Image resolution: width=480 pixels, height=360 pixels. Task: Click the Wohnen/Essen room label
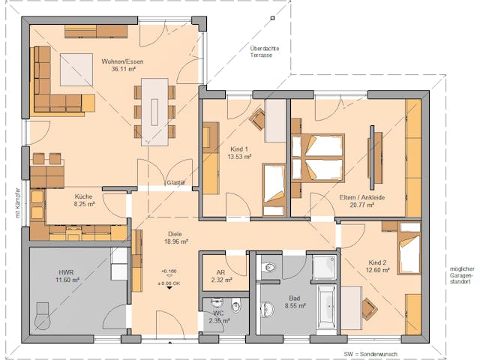tap(123, 61)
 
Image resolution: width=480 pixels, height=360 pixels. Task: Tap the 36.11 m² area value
tap(123, 69)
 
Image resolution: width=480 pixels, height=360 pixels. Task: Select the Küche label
tap(83, 196)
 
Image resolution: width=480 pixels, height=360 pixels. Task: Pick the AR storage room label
tap(220, 272)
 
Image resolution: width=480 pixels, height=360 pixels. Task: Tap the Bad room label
tap(295, 298)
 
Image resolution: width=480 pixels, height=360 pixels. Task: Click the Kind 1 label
tap(240, 150)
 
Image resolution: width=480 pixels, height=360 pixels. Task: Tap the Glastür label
tap(175, 182)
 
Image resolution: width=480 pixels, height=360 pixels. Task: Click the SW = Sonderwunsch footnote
tap(370, 352)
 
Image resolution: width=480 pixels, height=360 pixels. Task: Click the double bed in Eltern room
tap(317, 157)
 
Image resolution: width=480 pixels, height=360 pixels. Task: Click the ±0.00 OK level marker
tap(168, 282)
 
